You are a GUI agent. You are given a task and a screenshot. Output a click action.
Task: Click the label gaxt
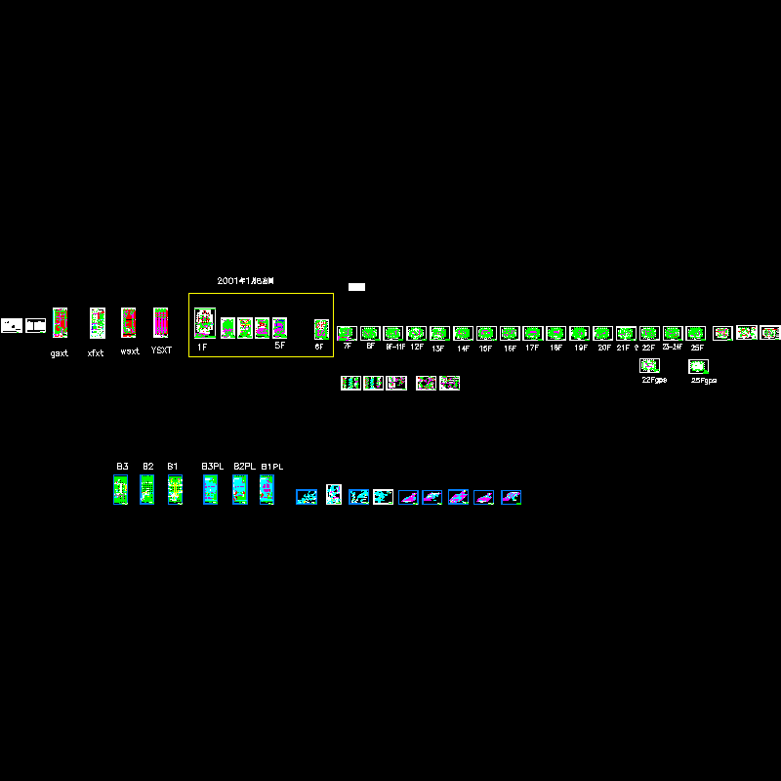(60, 353)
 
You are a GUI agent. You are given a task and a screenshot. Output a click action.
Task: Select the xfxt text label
(96, 353)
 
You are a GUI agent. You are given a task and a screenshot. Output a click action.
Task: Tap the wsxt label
(130, 351)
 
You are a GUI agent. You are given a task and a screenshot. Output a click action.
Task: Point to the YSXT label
(161, 350)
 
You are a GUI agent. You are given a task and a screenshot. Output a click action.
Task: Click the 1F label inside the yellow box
(202, 348)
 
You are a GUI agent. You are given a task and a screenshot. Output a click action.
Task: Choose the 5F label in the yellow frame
(279, 346)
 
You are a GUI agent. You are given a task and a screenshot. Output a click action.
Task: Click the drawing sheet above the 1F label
(204, 323)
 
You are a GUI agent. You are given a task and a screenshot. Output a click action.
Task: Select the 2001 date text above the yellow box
(245, 281)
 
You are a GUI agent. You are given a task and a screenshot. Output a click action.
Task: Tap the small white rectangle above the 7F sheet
(356, 287)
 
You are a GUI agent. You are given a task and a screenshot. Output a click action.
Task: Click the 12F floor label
(417, 347)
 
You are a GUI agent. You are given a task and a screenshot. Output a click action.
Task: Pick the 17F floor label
(532, 348)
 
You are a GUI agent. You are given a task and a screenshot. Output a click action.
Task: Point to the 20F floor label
(604, 348)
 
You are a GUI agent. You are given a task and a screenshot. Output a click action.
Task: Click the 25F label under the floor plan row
(697, 348)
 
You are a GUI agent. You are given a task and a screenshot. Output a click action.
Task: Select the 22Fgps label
(654, 380)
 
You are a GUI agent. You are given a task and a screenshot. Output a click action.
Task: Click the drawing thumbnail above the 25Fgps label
(698, 366)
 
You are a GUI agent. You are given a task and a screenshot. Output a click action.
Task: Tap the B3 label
(122, 467)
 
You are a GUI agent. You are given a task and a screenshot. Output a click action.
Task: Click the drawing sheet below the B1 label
(175, 489)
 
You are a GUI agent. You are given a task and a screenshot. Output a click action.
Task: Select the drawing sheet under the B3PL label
(210, 489)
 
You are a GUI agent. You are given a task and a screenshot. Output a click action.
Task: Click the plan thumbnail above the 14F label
(463, 333)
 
